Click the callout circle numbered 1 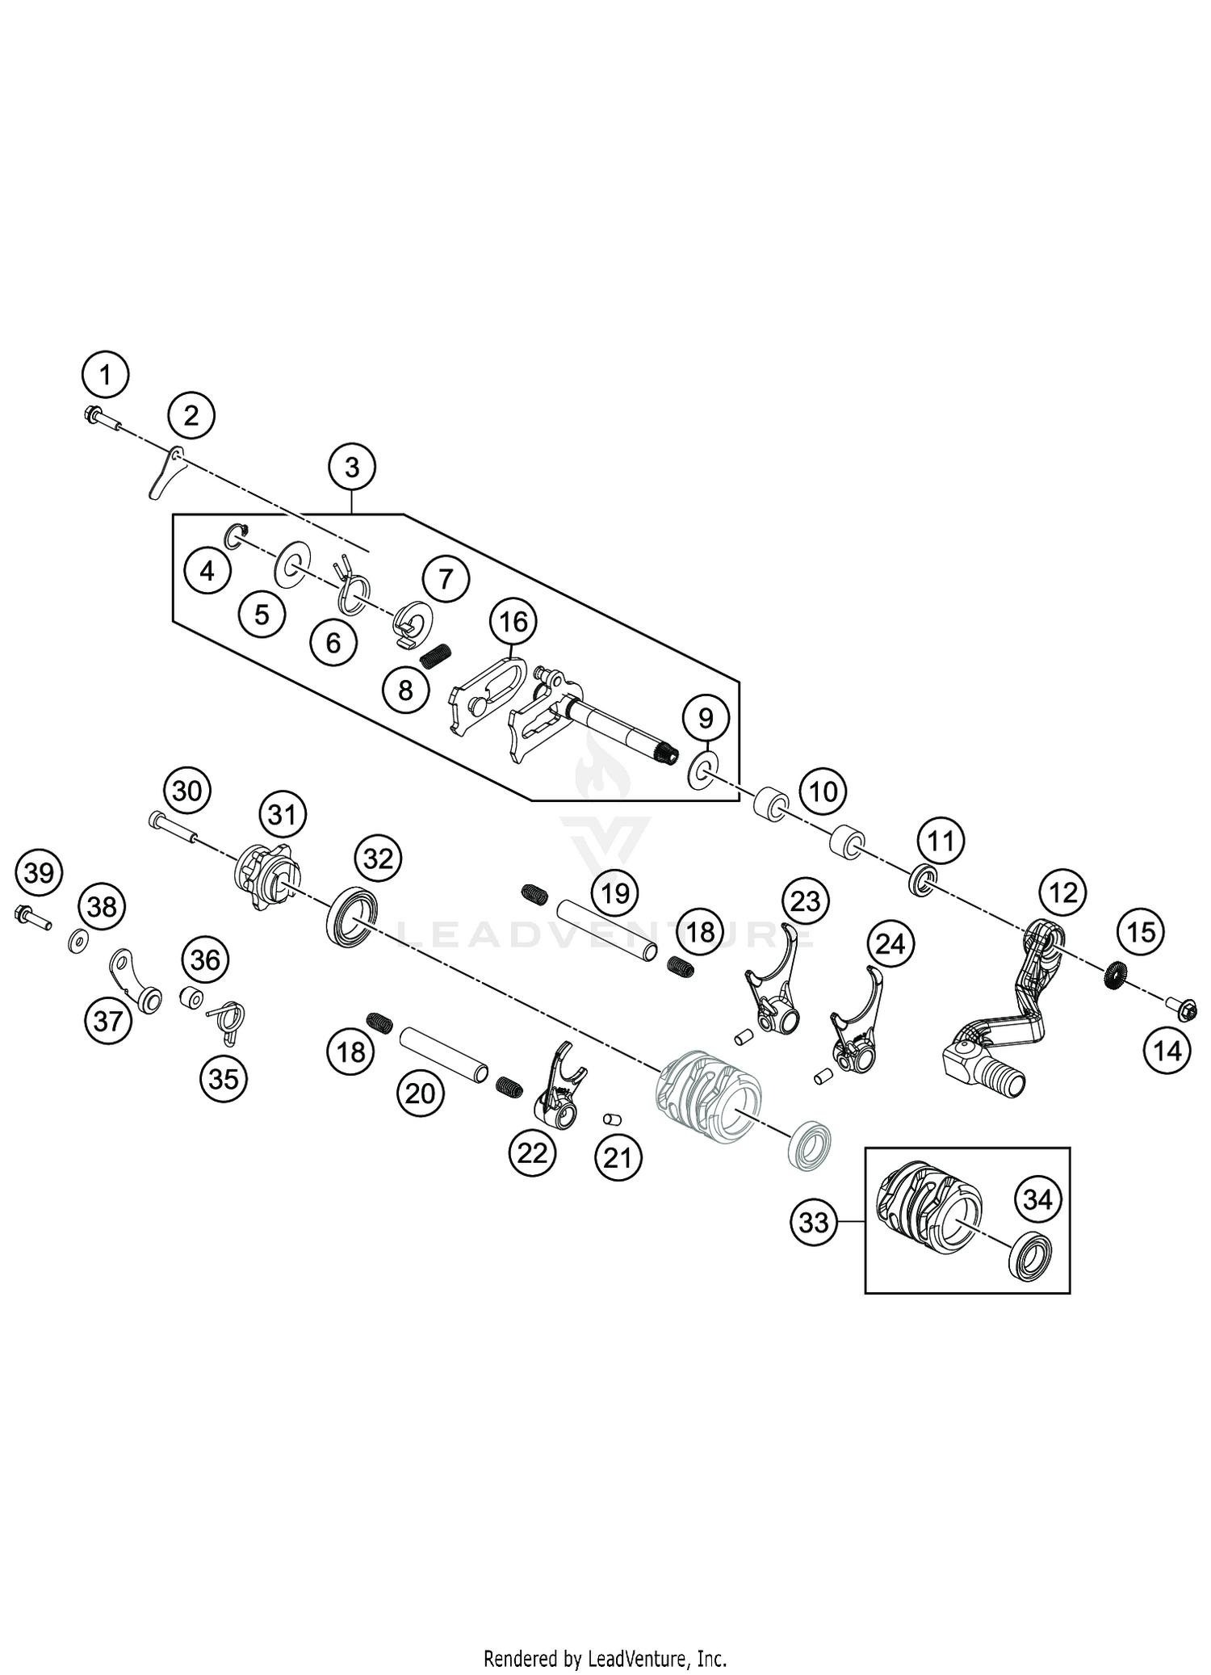[x=105, y=375]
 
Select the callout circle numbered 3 [x=352, y=467]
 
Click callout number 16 [x=513, y=622]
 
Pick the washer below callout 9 [x=704, y=771]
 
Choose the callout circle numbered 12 [x=1064, y=892]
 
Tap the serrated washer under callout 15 [x=1114, y=976]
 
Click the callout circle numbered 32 [x=378, y=858]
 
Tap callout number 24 [x=890, y=943]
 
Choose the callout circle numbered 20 [x=420, y=1094]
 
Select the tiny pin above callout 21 [x=612, y=1119]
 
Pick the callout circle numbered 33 [x=813, y=1222]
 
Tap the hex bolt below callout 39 [x=31, y=917]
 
